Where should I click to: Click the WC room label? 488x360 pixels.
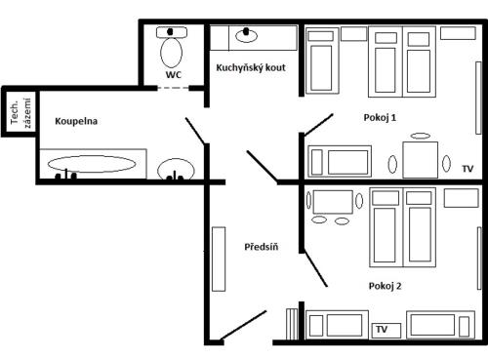click(174, 75)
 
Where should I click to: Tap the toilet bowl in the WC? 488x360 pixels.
click(172, 53)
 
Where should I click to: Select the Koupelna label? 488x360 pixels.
click(76, 121)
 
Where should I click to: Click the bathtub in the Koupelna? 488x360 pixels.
click(93, 164)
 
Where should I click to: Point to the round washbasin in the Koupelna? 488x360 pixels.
click(176, 170)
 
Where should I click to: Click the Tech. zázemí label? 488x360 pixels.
click(20, 113)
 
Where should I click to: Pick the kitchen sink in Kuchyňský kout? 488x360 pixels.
click(246, 36)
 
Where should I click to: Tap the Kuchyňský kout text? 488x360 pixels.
click(251, 67)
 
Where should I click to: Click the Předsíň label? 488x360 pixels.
click(262, 247)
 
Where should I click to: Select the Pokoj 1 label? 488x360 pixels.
click(380, 117)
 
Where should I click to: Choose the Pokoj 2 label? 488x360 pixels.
click(385, 286)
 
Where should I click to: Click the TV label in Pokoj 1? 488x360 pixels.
click(468, 169)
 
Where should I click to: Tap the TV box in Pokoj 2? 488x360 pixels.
click(386, 330)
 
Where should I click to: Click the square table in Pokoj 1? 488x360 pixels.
click(421, 160)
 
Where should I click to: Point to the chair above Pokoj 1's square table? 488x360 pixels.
click(421, 136)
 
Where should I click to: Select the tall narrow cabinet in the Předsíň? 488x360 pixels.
click(219, 259)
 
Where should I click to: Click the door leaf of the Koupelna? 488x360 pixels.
click(195, 131)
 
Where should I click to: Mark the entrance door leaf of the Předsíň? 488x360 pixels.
click(243, 326)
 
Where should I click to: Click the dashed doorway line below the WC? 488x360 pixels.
click(174, 88)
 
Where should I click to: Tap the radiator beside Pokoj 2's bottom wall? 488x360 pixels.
click(292, 324)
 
